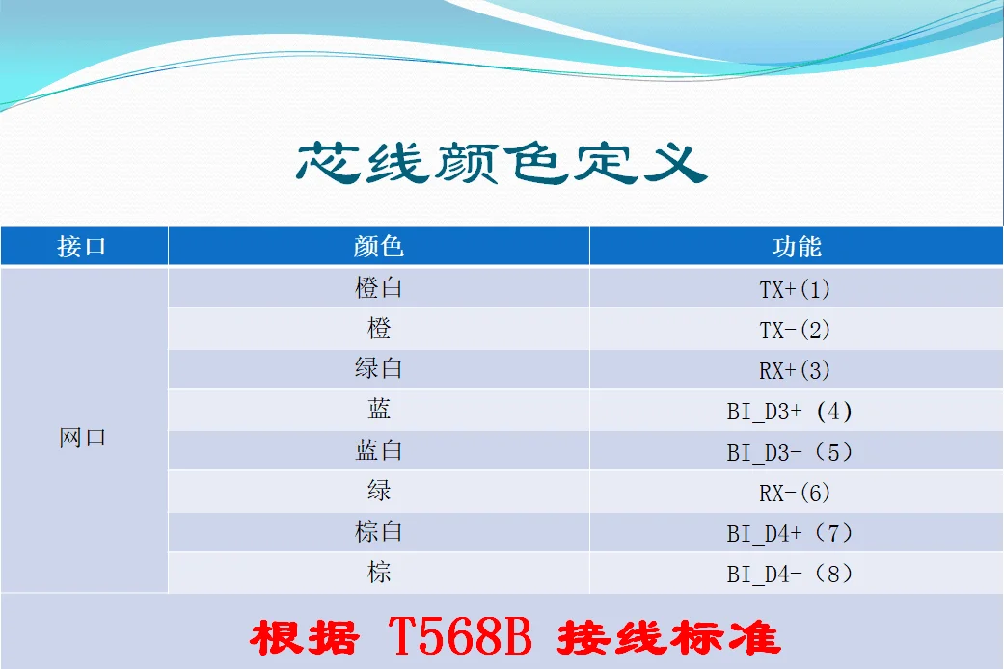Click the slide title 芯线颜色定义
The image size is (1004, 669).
click(502, 163)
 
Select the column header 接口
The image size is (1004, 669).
click(81, 247)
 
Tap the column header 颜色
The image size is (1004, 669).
click(378, 247)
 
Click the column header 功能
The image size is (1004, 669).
click(797, 247)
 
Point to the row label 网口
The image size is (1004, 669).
click(83, 438)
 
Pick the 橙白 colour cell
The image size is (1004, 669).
click(378, 287)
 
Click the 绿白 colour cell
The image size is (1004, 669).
click(378, 368)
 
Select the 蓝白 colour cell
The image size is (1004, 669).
click(378, 450)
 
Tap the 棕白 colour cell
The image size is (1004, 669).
click(378, 531)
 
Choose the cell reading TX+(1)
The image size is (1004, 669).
click(796, 289)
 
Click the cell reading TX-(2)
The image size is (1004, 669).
click(796, 331)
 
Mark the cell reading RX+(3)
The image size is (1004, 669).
click(796, 371)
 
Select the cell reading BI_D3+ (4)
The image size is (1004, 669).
click(790, 412)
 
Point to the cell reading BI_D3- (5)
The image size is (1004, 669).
click(790, 453)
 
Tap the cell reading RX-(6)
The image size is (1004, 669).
click(796, 493)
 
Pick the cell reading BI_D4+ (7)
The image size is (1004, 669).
click(790, 533)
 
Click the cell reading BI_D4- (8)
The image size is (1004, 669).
click(790, 574)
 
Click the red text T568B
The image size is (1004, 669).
click(460, 636)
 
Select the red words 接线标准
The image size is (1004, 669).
click(669, 637)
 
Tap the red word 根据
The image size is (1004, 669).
click(304, 637)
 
